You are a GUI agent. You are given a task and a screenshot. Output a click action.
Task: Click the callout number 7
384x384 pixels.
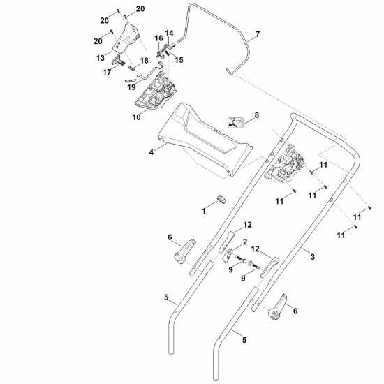[258, 34]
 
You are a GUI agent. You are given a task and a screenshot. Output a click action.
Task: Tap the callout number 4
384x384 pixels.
[152, 152]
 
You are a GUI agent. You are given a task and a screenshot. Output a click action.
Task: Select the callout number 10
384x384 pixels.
[136, 117]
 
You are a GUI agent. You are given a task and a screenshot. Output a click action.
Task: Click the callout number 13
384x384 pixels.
[100, 58]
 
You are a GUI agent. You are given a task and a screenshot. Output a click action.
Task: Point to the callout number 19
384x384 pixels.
[131, 87]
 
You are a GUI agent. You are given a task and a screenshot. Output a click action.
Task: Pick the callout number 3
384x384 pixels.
[313, 257]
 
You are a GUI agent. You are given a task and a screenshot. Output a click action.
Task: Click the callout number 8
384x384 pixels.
[257, 115]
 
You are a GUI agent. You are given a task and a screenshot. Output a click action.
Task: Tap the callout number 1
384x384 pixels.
[203, 211]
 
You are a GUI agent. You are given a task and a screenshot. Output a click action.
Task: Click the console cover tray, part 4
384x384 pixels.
[205, 139]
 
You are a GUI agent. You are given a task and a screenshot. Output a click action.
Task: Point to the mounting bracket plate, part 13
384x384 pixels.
[126, 38]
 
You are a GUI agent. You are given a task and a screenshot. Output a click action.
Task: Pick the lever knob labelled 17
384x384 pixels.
[118, 60]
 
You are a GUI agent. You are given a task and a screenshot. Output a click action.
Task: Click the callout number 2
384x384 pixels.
[245, 242]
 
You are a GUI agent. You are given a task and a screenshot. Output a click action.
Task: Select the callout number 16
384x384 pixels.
[158, 38]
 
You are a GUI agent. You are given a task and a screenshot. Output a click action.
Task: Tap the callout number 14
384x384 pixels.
[169, 33]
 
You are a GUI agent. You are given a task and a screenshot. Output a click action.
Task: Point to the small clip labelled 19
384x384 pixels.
[131, 80]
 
